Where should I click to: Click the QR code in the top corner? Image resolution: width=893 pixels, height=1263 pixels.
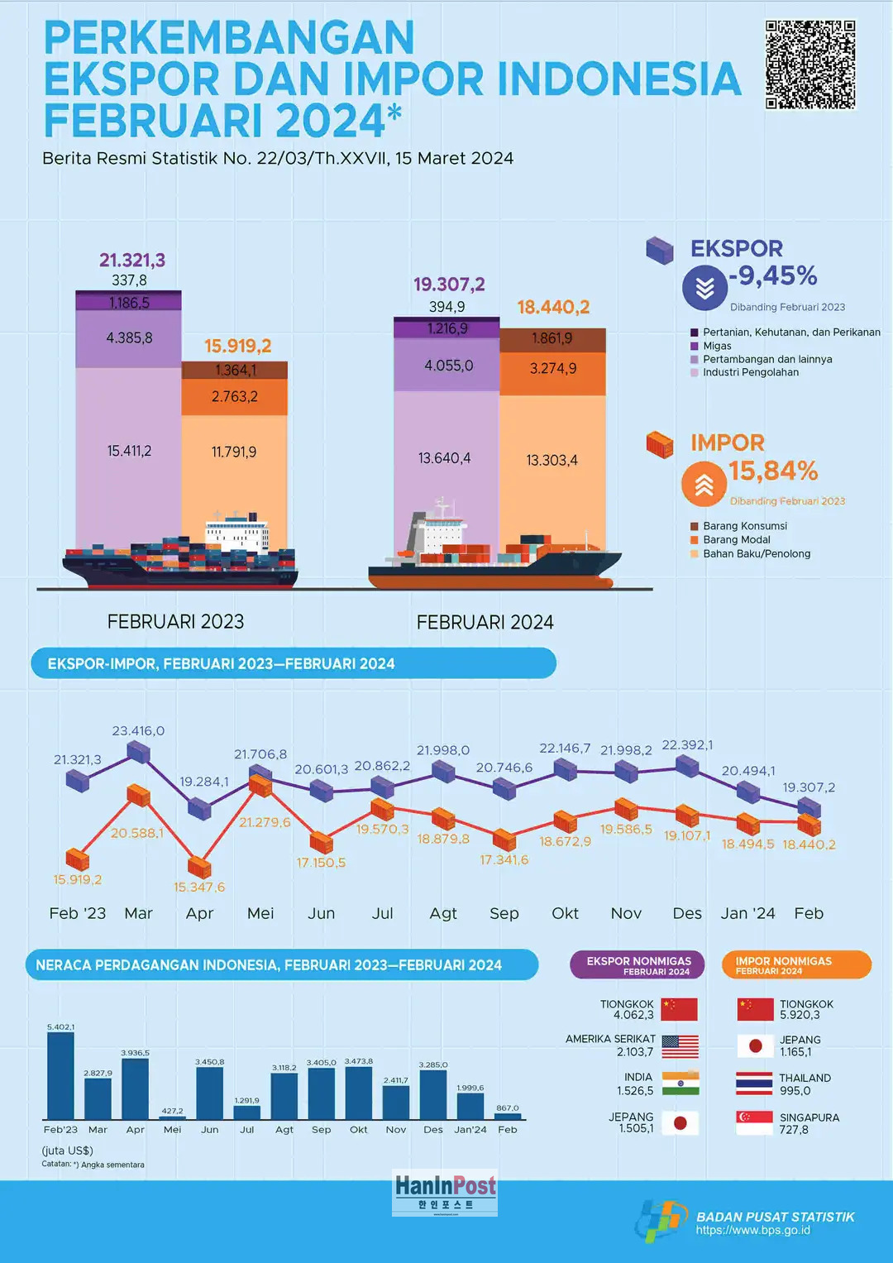pos(809,65)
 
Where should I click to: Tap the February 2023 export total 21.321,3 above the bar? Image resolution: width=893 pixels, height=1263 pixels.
pos(132,261)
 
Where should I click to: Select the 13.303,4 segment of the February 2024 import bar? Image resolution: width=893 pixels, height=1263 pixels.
pos(552,461)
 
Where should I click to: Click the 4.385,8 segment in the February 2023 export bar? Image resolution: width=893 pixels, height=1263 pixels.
pos(129,338)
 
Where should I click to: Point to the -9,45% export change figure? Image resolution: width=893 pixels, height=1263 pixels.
pos(773,276)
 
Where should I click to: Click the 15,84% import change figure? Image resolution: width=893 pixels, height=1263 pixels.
pos(773,471)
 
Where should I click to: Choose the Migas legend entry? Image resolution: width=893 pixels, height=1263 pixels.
pos(717,346)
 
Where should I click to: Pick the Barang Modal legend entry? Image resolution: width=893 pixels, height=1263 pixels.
pos(736,540)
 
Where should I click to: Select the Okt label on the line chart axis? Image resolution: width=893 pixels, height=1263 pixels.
pos(566,913)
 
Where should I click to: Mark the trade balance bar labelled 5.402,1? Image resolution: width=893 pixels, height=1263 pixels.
pos(60,1075)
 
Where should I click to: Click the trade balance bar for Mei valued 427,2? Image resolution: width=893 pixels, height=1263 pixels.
pos(172,1117)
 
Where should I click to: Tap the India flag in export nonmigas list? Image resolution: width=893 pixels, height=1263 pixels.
pos(680,1084)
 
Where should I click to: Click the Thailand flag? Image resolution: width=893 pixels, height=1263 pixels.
pos(754,1084)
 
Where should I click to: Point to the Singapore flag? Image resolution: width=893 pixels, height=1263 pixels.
pos(754,1123)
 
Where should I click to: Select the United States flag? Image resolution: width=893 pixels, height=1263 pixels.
pos(680,1046)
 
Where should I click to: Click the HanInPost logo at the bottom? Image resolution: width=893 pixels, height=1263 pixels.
pos(445,1192)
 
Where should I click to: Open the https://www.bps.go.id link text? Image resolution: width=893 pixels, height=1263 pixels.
pos(752,1231)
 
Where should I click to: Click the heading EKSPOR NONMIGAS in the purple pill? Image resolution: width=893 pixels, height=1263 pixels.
pos(638,961)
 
